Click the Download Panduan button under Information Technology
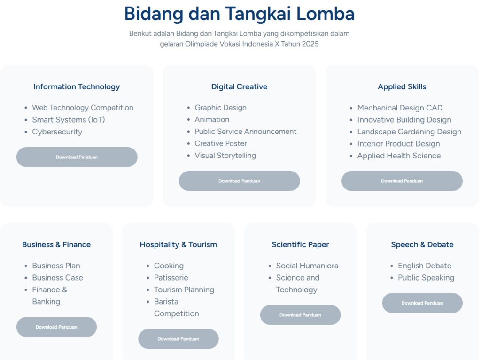(x=77, y=157)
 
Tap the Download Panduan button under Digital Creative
(x=239, y=181)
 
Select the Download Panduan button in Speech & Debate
(x=422, y=303)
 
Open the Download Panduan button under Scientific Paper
(x=300, y=314)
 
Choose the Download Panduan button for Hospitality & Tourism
(x=178, y=338)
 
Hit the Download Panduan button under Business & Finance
(x=56, y=327)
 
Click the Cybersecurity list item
(x=57, y=132)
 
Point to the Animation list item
(x=212, y=119)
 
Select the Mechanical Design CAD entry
(x=400, y=108)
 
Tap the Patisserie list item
(x=171, y=277)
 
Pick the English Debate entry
(x=425, y=266)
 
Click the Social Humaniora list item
(x=307, y=266)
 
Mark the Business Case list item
(x=57, y=277)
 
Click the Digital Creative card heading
(x=239, y=86)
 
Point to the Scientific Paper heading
(x=300, y=244)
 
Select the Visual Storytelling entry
(x=225, y=155)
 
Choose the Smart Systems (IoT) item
(x=69, y=120)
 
